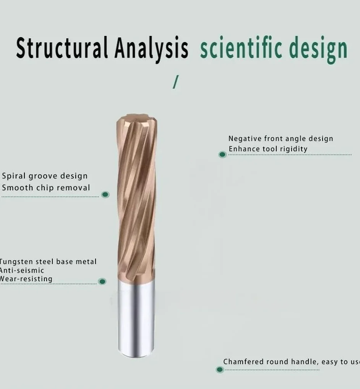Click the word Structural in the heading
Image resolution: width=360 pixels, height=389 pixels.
point(62,48)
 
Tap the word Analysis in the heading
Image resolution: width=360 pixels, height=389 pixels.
point(151,49)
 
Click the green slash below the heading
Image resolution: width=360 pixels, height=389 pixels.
point(176,82)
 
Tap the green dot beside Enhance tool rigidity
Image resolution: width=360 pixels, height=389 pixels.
point(222,154)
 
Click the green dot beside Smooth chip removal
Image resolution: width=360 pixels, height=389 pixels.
point(105,194)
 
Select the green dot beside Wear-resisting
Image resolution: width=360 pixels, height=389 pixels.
point(102,281)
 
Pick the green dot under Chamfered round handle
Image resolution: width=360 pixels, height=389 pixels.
point(220,370)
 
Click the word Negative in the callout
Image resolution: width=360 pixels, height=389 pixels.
point(245,139)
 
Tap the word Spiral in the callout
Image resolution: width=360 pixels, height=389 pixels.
point(14,176)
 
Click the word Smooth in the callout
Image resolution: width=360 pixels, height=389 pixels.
point(18,188)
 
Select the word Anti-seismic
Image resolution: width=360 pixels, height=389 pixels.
point(21,271)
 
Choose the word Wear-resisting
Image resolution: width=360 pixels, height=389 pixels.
point(26,279)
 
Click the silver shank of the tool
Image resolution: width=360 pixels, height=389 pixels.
point(136,318)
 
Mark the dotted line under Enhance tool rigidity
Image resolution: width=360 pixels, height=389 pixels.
point(290,154)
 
